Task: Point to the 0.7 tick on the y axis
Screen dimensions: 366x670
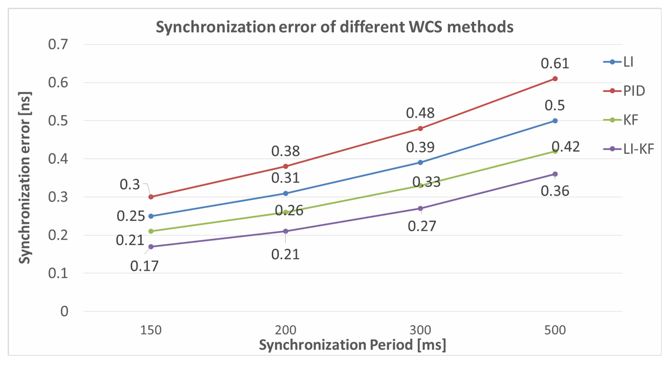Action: click(58, 44)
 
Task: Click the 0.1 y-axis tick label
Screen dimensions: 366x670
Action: click(58, 273)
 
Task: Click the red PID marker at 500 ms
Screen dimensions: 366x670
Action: click(555, 79)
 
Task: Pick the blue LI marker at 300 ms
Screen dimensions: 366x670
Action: click(420, 163)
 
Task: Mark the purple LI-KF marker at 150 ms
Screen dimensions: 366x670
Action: click(151, 247)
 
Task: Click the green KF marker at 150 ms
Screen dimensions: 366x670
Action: click(151, 231)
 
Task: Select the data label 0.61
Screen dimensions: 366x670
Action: click(555, 64)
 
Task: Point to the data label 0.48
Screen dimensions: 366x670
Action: click(420, 113)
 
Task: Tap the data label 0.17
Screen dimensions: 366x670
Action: click(144, 266)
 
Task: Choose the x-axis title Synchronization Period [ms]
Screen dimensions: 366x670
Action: click(353, 345)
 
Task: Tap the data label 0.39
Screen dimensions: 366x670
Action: click(420, 148)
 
